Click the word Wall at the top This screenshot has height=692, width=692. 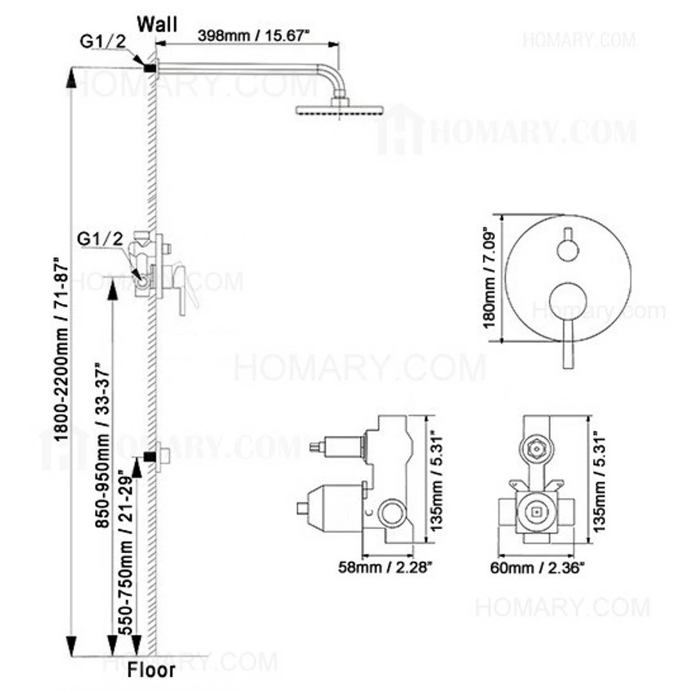pyautogui.click(x=157, y=24)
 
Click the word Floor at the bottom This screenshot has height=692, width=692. pyautogui.click(x=151, y=670)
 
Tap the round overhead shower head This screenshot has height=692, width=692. pyautogui.click(x=340, y=109)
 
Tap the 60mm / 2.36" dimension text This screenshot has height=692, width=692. pyautogui.click(x=537, y=568)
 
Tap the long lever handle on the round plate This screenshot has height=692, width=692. pyautogui.click(x=567, y=346)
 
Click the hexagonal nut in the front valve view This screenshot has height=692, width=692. pyautogui.click(x=536, y=448)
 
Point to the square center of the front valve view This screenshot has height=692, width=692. pyautogui.click(x=537, y=511)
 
